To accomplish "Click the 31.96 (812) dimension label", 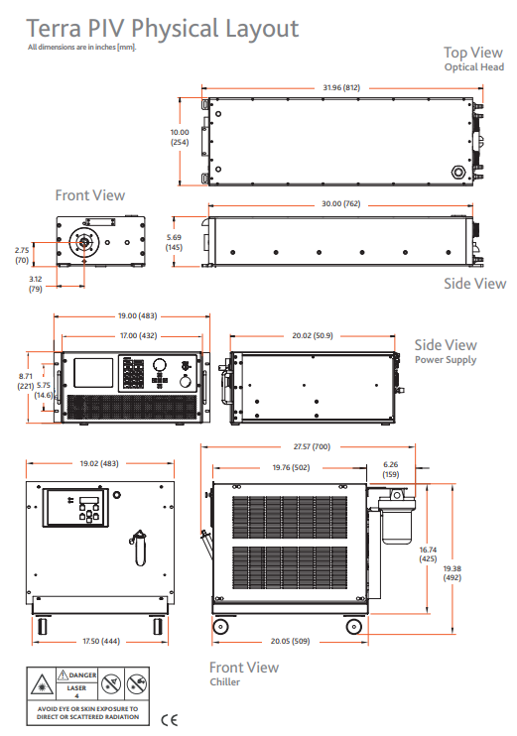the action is pos(341,87).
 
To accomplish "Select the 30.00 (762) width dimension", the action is pos(341,203).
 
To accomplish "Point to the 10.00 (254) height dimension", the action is pos(180,137).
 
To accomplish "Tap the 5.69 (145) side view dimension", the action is pos(174,242).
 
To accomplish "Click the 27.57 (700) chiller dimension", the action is pos(312,446).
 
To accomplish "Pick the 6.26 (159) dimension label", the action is pos(391,469).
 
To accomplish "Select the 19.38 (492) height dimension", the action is pos(452,573).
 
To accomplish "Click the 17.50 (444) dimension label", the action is pos(101,641).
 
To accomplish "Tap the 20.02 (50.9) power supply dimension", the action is pos(313,335).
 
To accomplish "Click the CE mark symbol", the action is pos(169,720).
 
